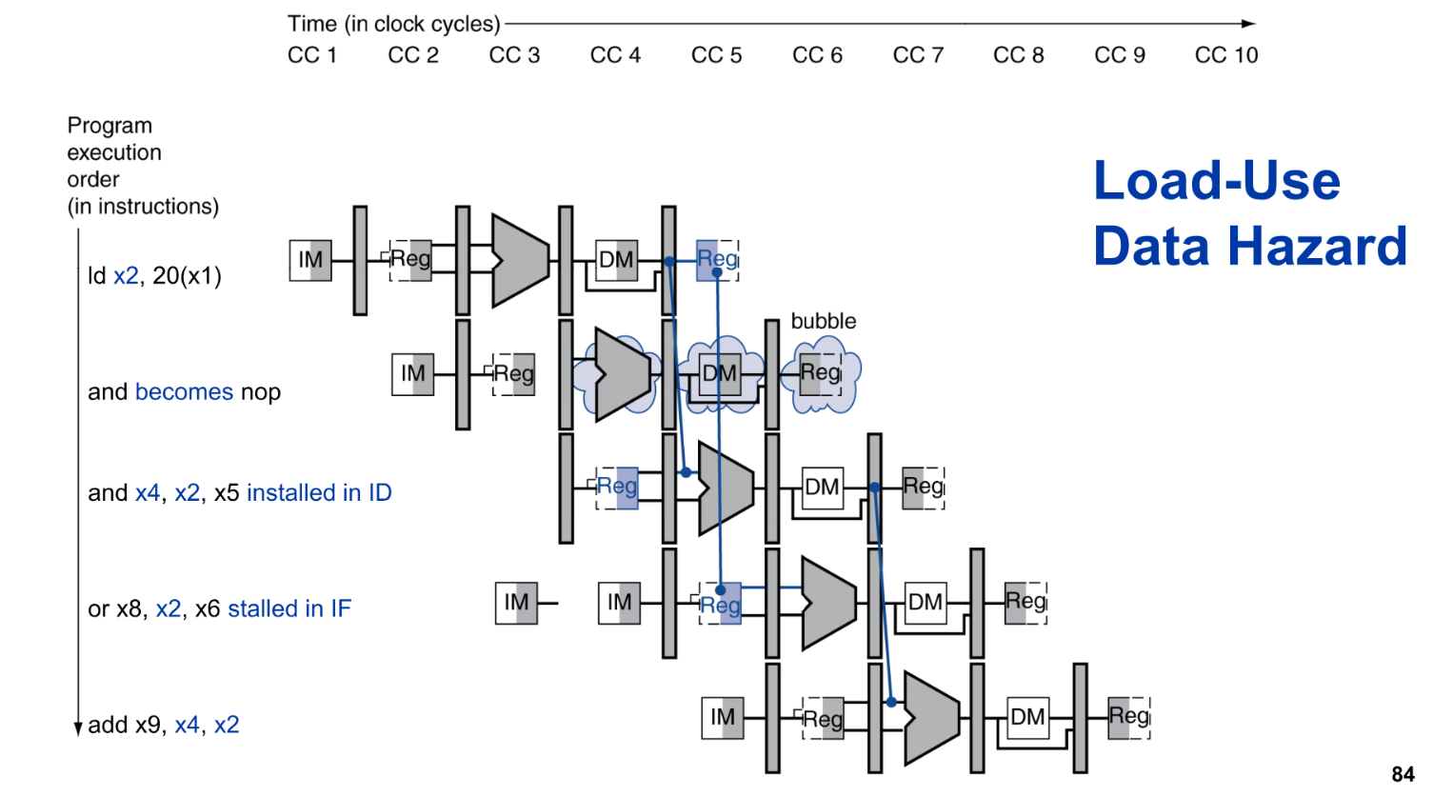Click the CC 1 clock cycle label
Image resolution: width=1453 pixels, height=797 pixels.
click(x=312, y=55)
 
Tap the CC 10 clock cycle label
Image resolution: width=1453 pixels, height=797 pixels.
click(x=1226, y=55)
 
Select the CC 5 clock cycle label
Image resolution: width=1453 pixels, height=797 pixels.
click(x=716, y=55)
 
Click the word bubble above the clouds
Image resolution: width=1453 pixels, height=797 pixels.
click(x=823, y=321)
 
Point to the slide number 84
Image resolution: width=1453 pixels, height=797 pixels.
click(x=1403, y=774)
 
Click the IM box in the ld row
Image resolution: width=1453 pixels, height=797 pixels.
click(x=310, y=260)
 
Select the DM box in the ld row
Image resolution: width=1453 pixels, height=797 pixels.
click(x=616, y=260)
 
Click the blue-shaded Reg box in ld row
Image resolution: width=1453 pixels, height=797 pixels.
click(x=717, y=260)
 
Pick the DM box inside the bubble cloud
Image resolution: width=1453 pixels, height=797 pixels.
click(x=720, y=373)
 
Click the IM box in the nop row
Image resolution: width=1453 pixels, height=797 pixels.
click(x=413, y=373)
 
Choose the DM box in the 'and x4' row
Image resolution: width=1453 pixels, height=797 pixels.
click(x=822, y=488)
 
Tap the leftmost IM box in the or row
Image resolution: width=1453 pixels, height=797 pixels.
click(x=516, y=603)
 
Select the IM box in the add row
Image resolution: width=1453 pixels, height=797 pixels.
click(x=722, y=717)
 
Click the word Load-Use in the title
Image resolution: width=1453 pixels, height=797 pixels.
click(x=1216, y=180)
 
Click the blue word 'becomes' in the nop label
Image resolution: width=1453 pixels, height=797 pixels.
click(x=184, y=391)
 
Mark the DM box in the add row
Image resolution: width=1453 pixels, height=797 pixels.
click(x=1027, y=717)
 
